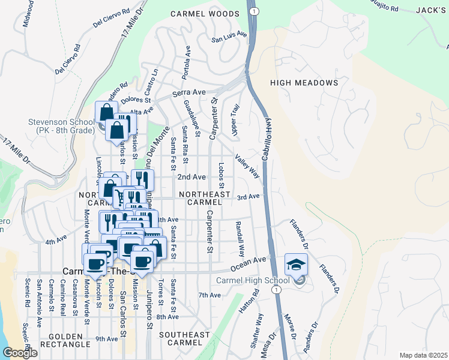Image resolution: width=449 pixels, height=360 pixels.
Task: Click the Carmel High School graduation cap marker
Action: [x=296, y=263]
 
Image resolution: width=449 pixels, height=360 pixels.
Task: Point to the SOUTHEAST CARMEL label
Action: [x=185, y=339]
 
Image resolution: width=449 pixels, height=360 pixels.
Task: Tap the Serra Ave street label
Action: [x=189, y=94]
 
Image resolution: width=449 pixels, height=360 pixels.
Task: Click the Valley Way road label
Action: [x=247, y=166]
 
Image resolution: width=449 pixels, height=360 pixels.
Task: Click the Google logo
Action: [x=20, y=353]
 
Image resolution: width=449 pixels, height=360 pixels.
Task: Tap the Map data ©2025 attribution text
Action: [x=423, y=355]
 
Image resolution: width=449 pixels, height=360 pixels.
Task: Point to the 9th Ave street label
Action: [x=106, y=339]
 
